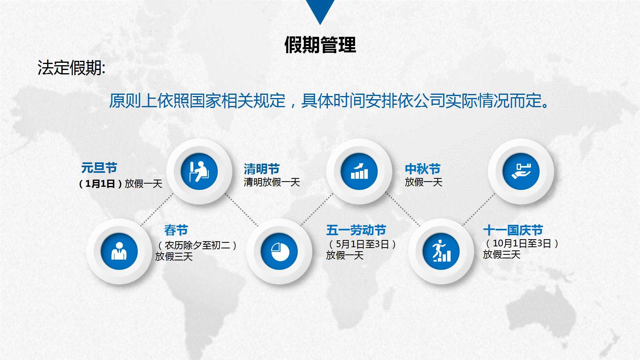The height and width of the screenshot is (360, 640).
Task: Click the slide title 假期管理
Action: [320, 45]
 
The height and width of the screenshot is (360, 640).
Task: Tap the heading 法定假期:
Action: [71, 68]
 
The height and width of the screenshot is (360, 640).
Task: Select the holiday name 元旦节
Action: [99, 168]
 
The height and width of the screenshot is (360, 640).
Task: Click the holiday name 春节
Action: [176, 230]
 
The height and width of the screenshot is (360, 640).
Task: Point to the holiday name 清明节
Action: [261, 169]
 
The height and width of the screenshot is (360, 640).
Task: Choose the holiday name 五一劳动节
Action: [356, 230]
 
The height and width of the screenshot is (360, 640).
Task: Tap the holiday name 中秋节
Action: [422, 169]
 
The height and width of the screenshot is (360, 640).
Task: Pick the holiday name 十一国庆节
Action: [513, 230]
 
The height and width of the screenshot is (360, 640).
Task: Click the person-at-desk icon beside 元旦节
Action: [199, 172]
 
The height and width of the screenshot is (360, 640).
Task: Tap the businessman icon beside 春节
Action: [119, 252]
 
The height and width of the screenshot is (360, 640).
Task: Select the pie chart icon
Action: [279, 252]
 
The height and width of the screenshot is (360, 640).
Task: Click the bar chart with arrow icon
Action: [359, 172]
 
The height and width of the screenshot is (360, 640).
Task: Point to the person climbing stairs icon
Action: [441, 252]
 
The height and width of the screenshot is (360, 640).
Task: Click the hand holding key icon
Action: [521, 172]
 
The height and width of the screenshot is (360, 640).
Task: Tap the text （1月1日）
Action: [100, 184]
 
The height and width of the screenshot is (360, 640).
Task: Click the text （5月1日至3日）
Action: [362, 244]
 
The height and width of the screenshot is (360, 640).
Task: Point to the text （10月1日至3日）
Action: [522, 243]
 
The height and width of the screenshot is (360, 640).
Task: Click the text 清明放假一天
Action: [272, 182]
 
